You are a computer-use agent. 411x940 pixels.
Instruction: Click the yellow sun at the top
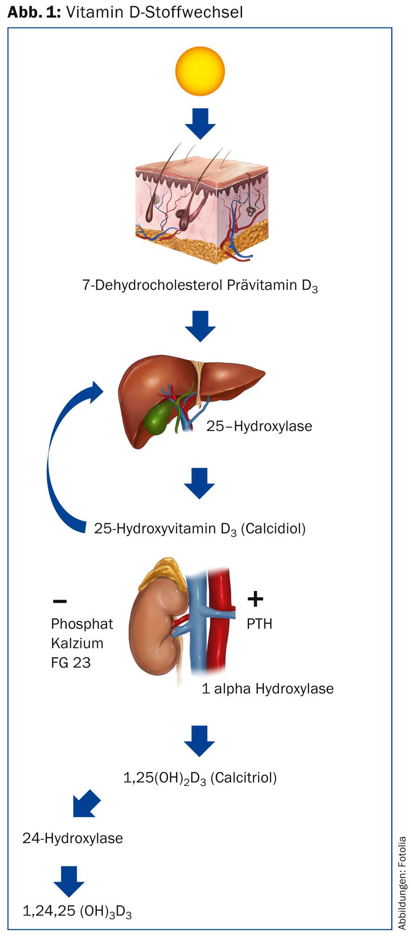pyautogui.click(x=200, y=71)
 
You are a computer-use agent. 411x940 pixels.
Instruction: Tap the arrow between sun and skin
pyautogui.click(x=200, y=123)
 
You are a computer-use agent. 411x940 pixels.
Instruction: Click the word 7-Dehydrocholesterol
pyautogui.click(x=152, y=285)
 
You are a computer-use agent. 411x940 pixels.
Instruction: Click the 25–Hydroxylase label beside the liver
pyautogui.click(x=259, y=426)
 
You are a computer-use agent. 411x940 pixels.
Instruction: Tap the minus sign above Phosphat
pyautogui.click(x=60, y=601)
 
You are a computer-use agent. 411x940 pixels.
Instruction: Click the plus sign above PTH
pyautogui.click(x=255, y=599)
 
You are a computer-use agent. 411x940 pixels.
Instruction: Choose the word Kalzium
pyautogui.click(x=77, y=643)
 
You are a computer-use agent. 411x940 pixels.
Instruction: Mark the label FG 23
pyautogui.click(x=71, y=662)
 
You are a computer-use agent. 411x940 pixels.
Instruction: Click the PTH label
pyautogui.click(x=259, y=624)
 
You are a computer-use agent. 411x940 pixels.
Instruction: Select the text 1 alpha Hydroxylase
pyautogui.click(x=268, y=688)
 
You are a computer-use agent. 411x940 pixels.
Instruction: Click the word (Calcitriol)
pyautogui.click(x=244, y=777)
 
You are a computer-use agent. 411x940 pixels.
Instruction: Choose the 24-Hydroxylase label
pyautogui.click(x=73, y=838)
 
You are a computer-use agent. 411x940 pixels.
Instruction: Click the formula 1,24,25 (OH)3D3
pyautogui.click(x=77, y=911)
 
